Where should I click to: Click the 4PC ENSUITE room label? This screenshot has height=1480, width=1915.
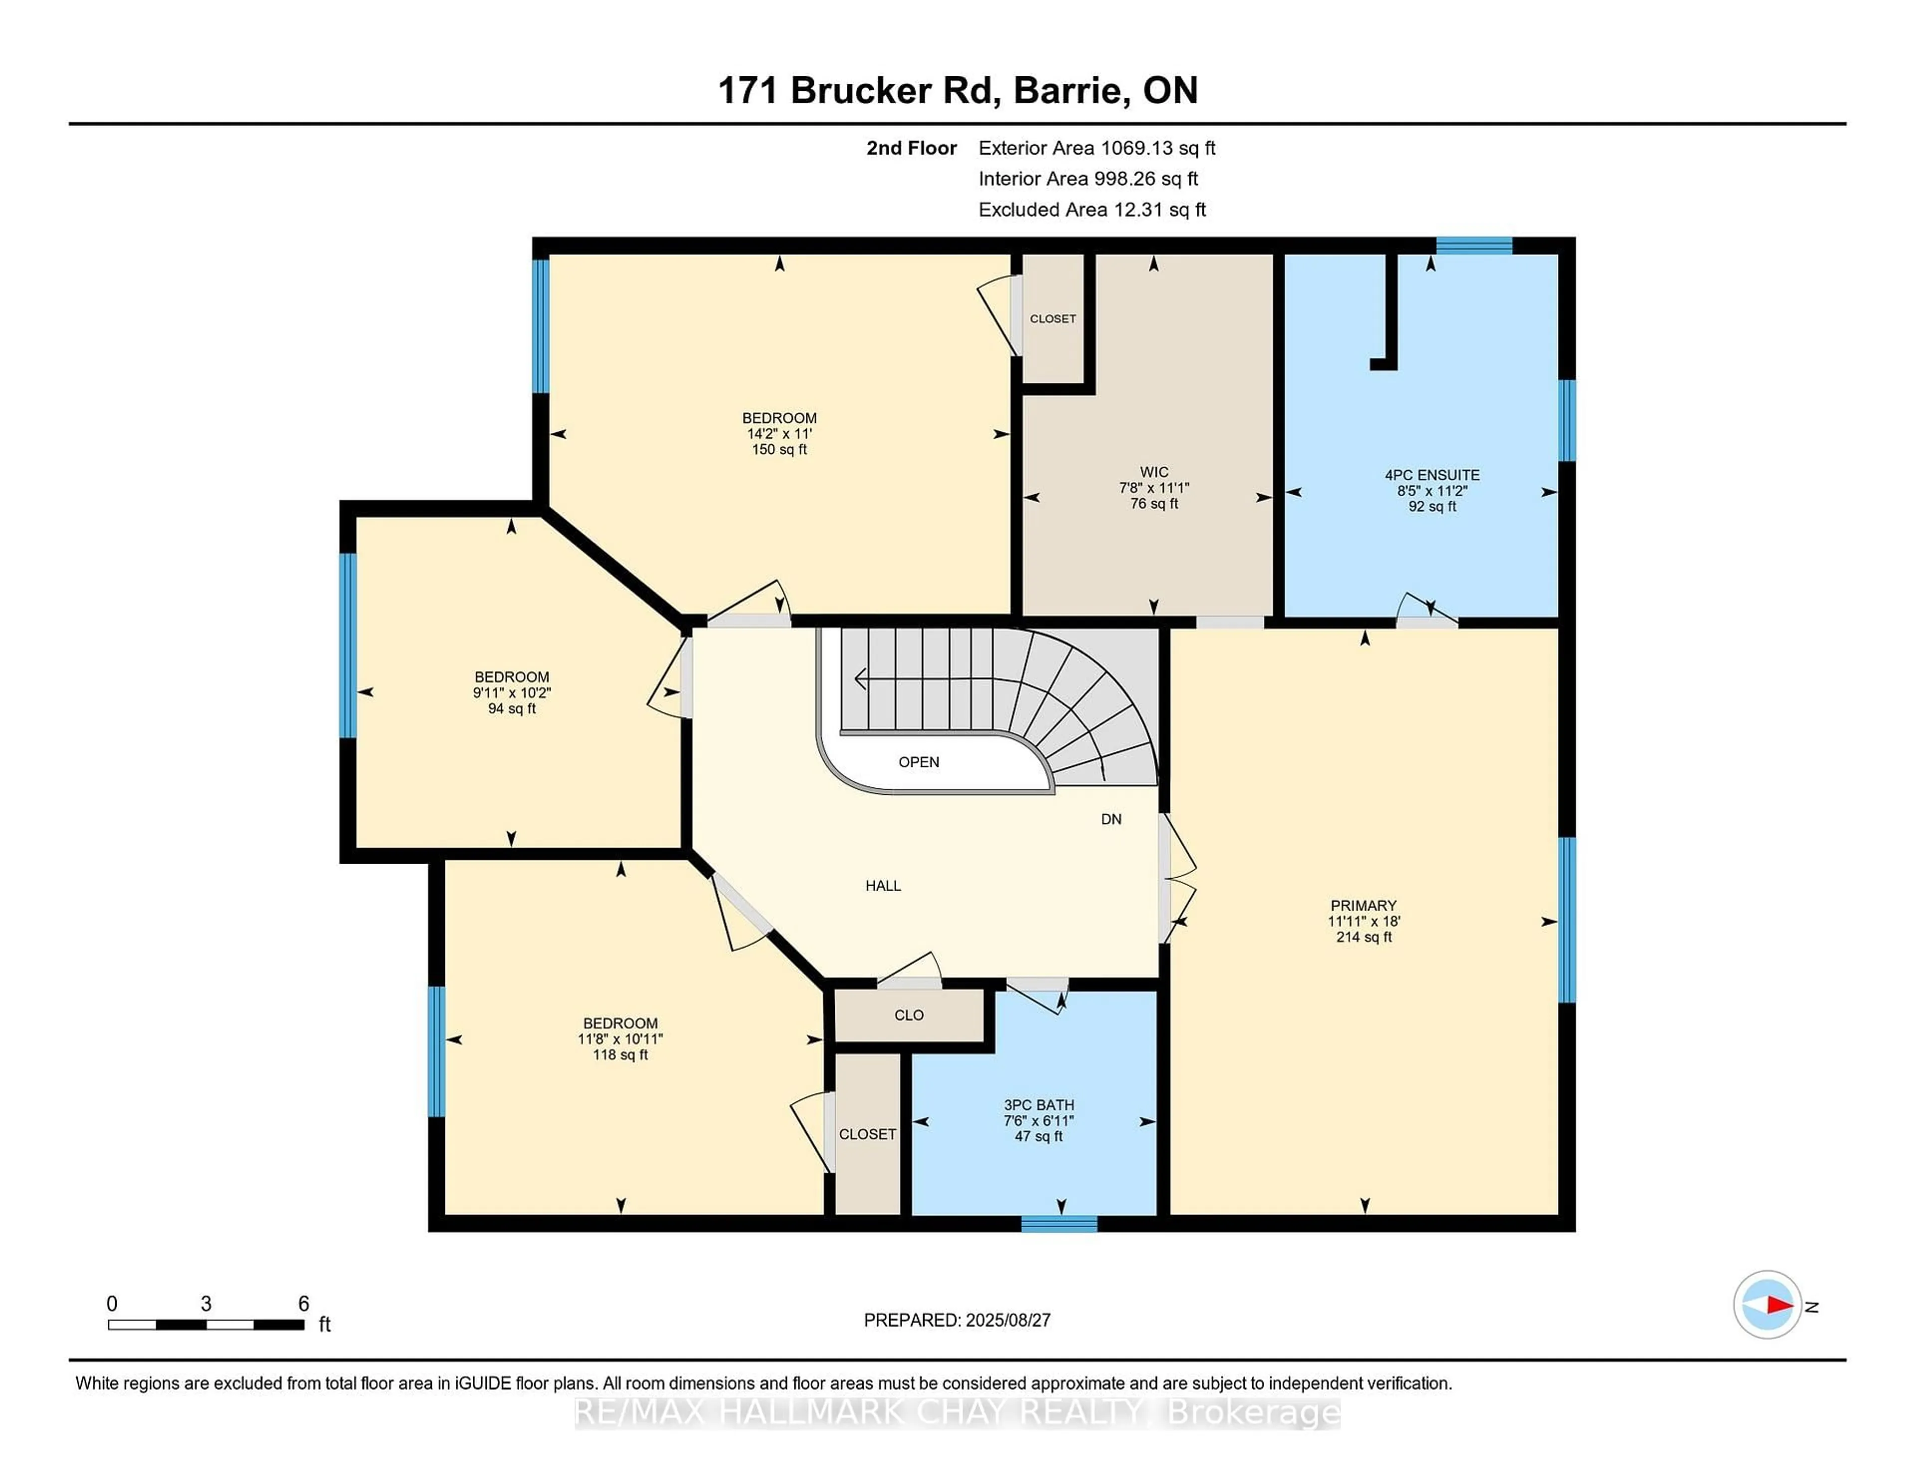(1432, 475)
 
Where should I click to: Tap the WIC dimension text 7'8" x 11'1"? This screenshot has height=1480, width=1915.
(1154, 488)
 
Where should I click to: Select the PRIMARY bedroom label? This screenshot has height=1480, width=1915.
(1363, 906)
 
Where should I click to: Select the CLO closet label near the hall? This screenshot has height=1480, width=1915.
(909, 1015)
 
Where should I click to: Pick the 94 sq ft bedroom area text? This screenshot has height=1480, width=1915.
(512, 709)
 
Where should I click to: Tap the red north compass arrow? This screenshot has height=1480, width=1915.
(1778, 1305)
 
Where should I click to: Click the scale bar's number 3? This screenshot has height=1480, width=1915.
(206, 1304)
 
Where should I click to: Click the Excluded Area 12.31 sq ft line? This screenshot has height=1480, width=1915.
(1092, 209)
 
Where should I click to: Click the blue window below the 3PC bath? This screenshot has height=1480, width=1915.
(1059, 1224)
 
